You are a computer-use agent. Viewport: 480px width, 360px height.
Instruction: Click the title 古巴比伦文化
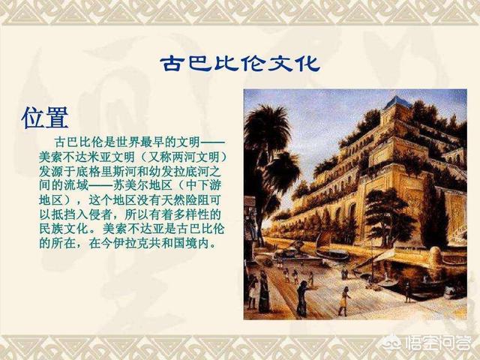click(x=240, y=64)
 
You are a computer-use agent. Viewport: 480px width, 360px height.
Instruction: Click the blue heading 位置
click(x=45, y=118)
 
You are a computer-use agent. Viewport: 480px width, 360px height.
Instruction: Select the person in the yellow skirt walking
click(x=344, y=301)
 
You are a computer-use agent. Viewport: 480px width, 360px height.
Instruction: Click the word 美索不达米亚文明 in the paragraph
click(x=87, y=157)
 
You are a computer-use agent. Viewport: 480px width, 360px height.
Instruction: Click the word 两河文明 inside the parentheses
click(x=196, y=157)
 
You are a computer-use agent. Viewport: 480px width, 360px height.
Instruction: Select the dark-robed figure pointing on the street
click(x=302, y=298)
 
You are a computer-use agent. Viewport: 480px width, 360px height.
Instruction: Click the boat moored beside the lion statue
click(x=333, y=254)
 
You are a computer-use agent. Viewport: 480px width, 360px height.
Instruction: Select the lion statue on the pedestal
click(x=290, y=250)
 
